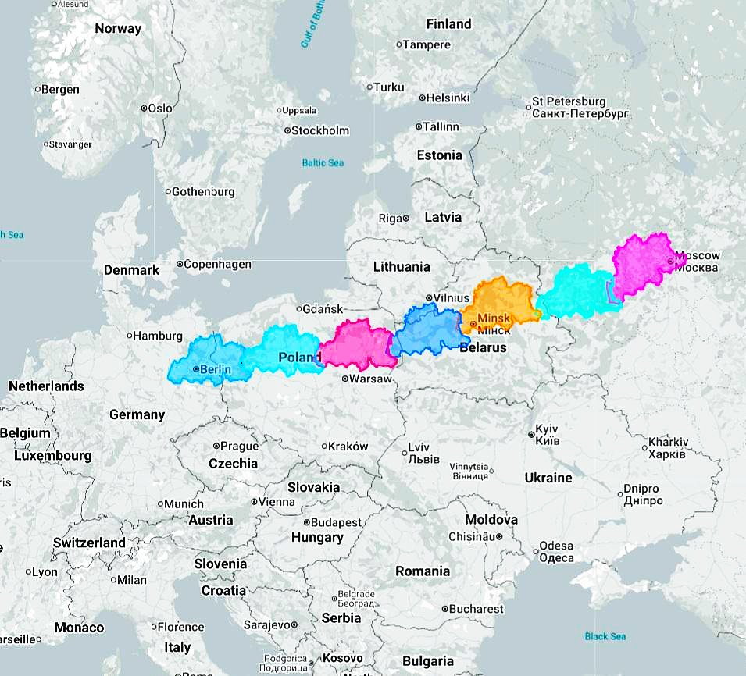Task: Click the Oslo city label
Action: tap(160, 109)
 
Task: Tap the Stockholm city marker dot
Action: tap(287, 130)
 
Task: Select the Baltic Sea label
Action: tap(323, 163)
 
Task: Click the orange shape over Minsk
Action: tap(500, 301)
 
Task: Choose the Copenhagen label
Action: tap(219, 265)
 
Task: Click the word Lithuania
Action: tap(402, 266)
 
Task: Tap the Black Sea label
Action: tap(605, 636)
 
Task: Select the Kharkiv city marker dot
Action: tap(644, 448)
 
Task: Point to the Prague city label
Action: tap(238, 447)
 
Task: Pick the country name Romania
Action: tap(423, 571)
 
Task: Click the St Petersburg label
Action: tap(569, 101)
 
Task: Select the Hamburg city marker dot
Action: tap(130, 336)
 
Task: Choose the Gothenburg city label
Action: tap(203, 191)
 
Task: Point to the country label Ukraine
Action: tap(548, 478)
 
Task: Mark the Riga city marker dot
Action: tap(406, 218)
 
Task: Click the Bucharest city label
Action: tap(477, 609)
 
